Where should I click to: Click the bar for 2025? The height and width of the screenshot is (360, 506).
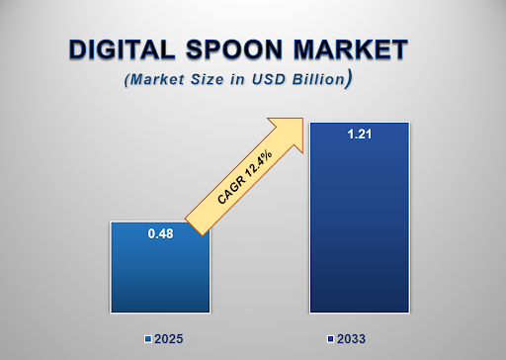tap(160, 272)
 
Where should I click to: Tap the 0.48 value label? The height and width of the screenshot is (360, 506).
tap(160, 233)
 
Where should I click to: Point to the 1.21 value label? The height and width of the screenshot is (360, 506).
tap(359, 135)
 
